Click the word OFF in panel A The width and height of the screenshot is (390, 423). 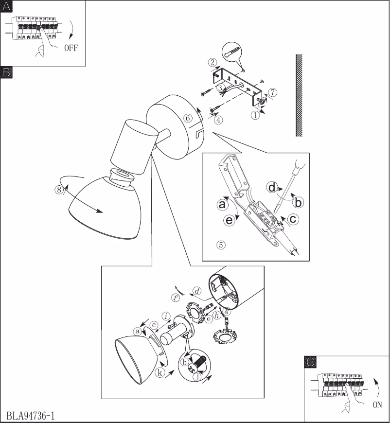click(71, 48)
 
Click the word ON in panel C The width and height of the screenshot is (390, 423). click(377, 404)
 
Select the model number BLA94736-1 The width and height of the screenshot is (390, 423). click(31, 416)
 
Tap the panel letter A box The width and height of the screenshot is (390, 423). click(6, 6)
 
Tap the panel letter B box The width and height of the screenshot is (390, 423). click(6, 72)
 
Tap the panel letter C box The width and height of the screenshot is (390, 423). click(310, 362)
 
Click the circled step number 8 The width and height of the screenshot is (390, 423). click(59, 190)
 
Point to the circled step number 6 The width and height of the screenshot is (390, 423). click(187, 118)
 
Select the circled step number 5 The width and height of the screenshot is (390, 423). click(221, 245)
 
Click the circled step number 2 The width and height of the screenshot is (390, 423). click(212, 62)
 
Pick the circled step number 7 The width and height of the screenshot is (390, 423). click(273, 91)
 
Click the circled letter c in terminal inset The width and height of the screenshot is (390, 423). click(293, 219)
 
